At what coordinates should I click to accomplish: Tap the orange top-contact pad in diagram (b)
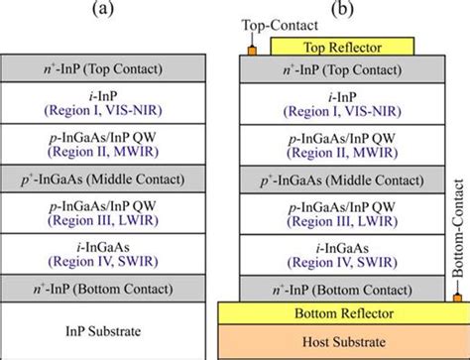252,49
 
